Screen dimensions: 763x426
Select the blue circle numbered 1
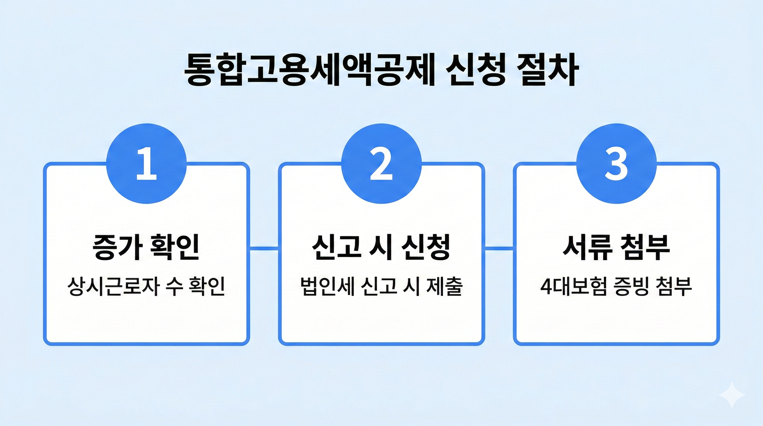(x=146, y=164)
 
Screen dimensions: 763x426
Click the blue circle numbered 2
(x=381, y=164)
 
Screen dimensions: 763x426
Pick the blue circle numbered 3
(x=616, y=164)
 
